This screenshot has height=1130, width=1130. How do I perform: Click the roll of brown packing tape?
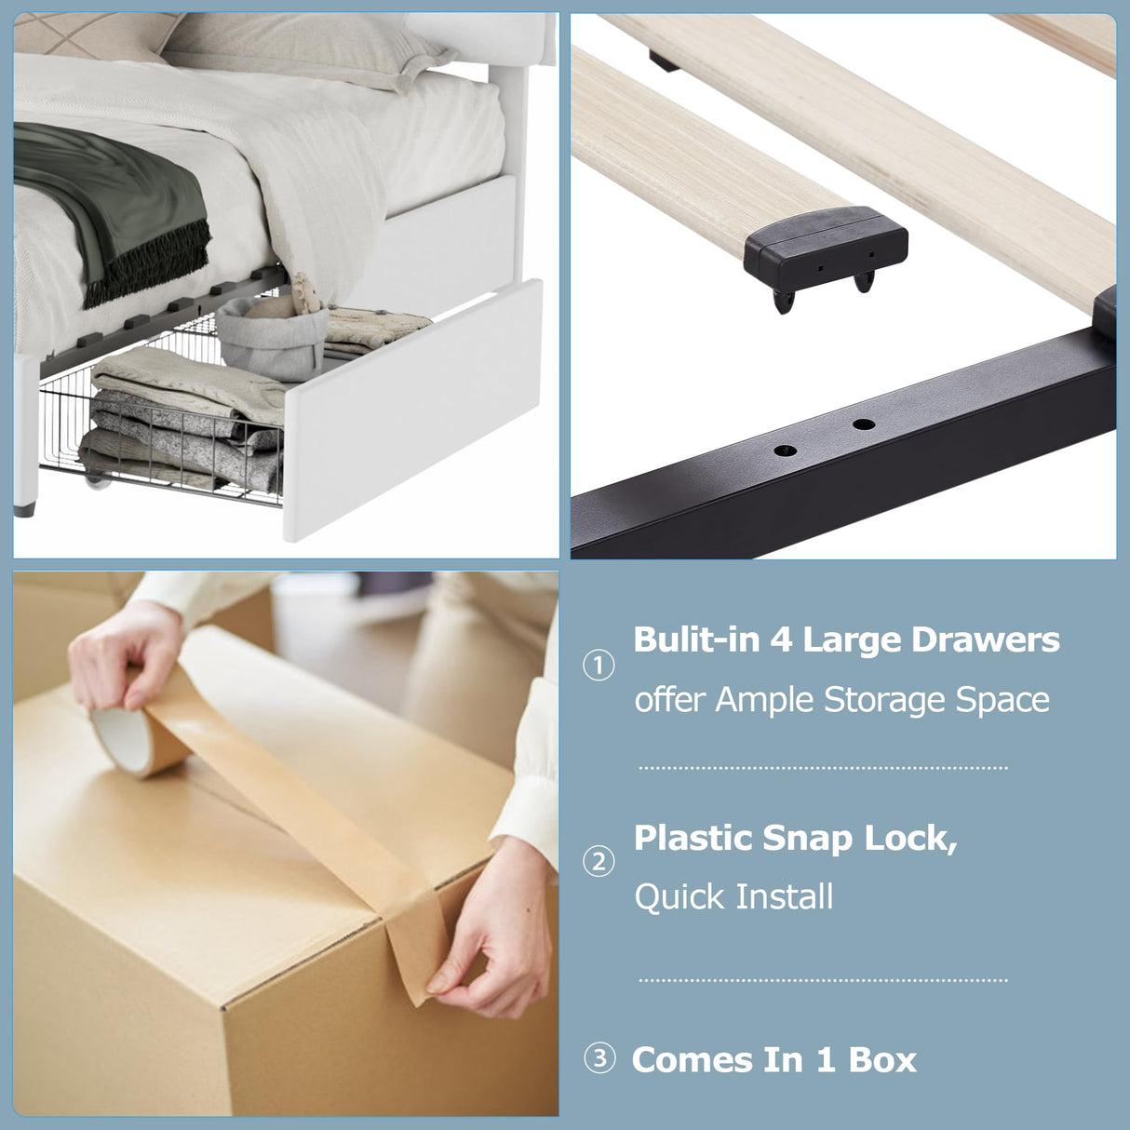tap(141, 740)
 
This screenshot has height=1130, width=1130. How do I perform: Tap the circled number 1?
tap(599, 666)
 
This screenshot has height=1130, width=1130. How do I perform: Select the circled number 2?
tap(599, 862)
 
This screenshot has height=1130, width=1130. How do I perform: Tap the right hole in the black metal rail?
tap(864, 424)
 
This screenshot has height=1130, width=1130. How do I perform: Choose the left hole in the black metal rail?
tap(785, 451)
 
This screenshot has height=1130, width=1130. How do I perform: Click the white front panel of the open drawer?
tap(413, 410)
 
